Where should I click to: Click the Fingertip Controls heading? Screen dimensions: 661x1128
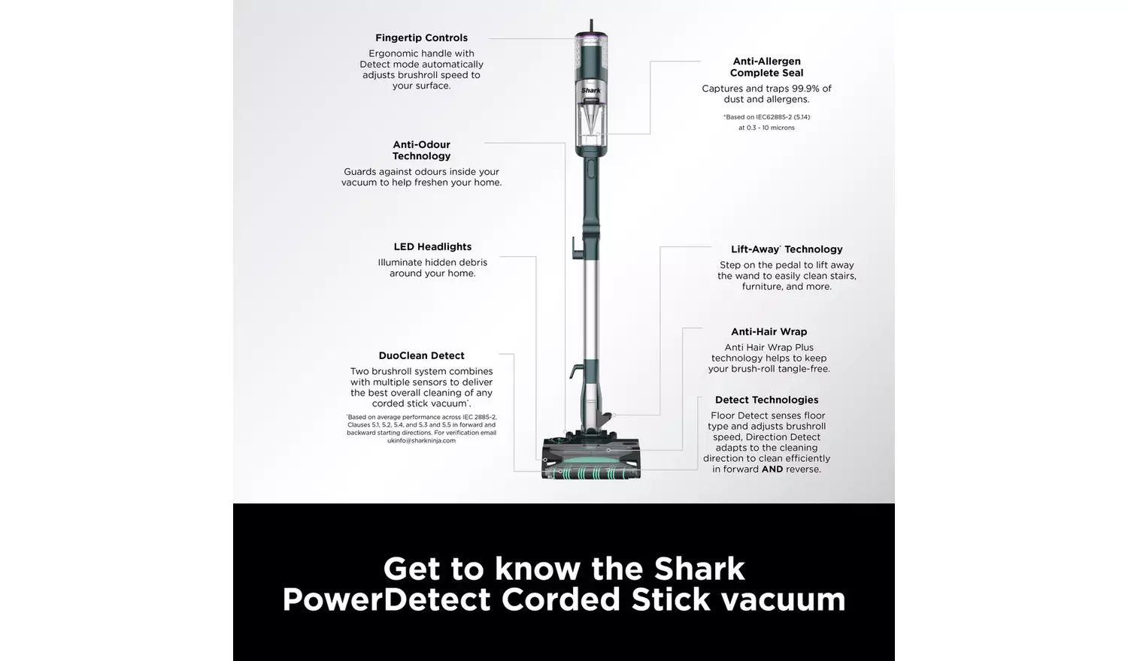click(421, 38)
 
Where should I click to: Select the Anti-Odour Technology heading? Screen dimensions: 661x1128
click(421, 150)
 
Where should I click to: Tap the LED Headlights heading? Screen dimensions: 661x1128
click(432, 246)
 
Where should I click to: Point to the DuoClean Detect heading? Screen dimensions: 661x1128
click(421, 355)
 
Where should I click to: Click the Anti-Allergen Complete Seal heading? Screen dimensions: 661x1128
click(766, 67)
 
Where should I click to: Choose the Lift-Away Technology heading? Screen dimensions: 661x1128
click(787, 249)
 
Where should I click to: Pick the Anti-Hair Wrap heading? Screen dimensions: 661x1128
click(769, 331)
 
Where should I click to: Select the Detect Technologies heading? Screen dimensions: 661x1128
click(766, 400)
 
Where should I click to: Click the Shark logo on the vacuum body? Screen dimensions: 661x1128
click(591, 90)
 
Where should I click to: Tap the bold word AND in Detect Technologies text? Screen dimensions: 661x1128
click(772, 469)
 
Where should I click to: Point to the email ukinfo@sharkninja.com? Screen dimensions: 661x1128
click(421, 441)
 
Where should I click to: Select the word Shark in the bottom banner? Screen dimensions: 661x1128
click(699, 569)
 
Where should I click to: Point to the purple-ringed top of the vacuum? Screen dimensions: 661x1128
click(591, 35)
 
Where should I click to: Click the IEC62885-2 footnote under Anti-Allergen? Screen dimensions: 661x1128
click(766, 117)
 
